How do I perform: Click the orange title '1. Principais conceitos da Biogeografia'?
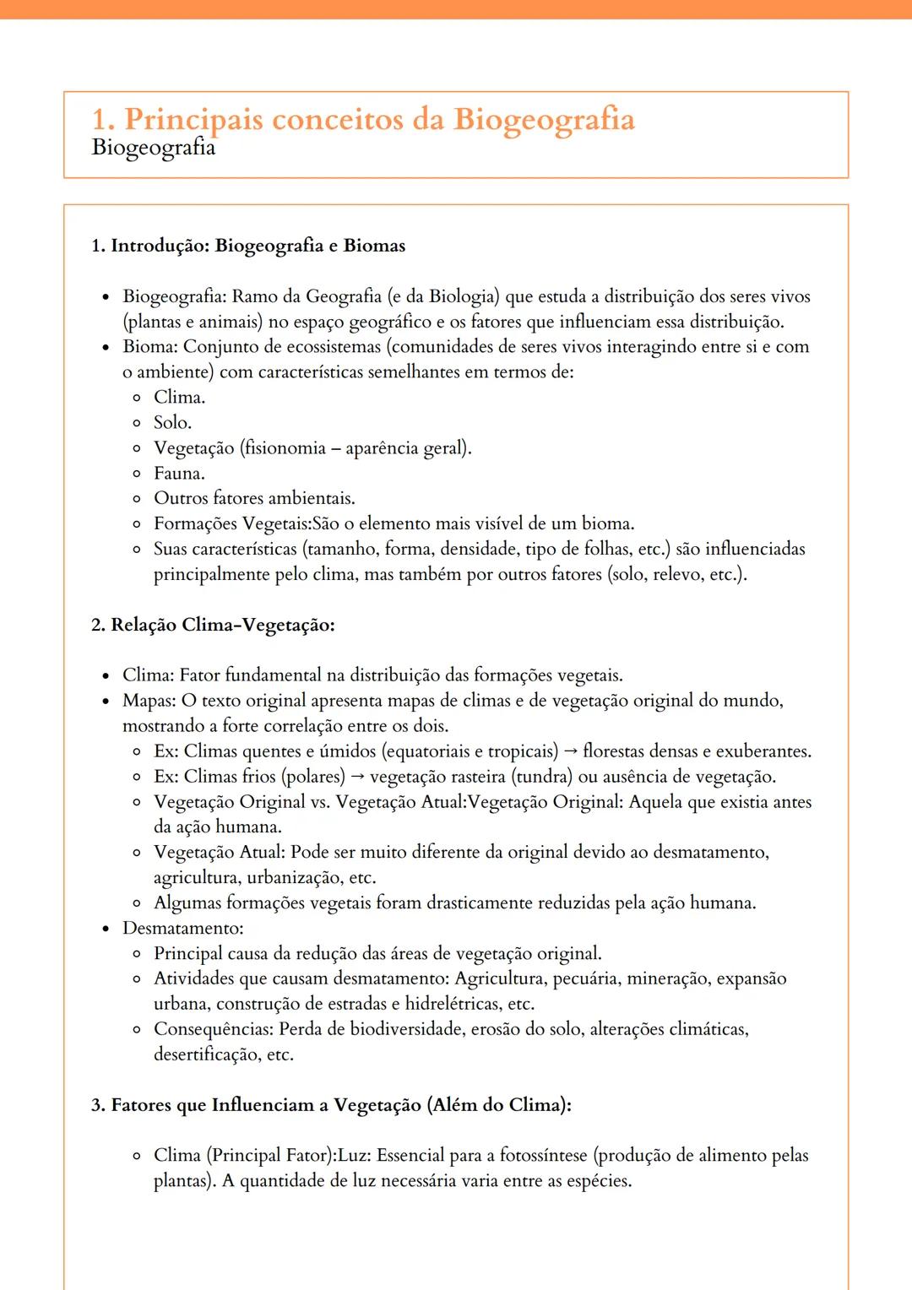(x=363, y=119)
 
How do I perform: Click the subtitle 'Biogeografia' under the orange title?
(x=153, y=148)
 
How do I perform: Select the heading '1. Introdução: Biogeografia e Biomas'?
(x=248, y=246)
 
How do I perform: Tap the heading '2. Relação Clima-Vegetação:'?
(x=213, y=625)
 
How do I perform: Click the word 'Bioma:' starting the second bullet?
(x=150, y=347)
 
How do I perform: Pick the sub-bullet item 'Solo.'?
(x=172, y=423)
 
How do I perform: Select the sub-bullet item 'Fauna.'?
(x=179, y=474)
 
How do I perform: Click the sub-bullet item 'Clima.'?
(x=179, y=398)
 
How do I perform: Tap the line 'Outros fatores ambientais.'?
(x=254, y=498)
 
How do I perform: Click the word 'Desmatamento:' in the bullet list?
(x=182, y=929)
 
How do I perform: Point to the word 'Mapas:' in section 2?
(x=149, y=701)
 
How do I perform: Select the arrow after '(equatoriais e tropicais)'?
(x=571, y=751)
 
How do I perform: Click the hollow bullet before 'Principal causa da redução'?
(x=137, y=954)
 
